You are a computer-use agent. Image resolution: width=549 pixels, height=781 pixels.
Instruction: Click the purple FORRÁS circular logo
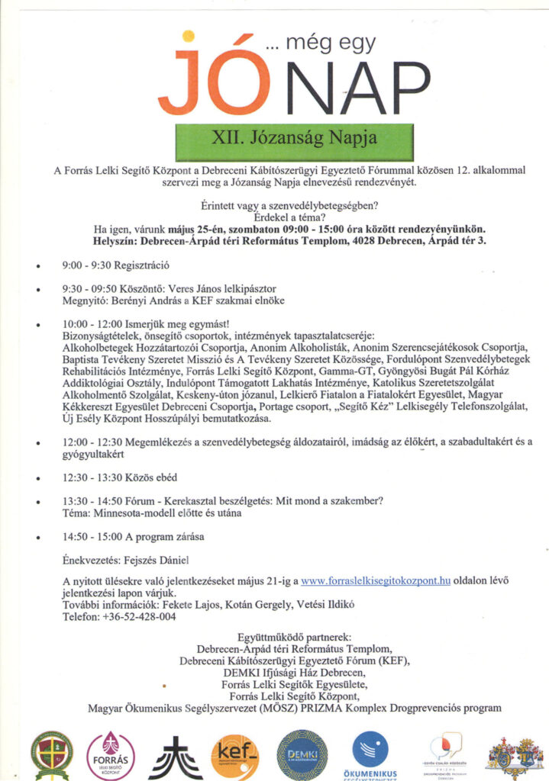tap(111, 754)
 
